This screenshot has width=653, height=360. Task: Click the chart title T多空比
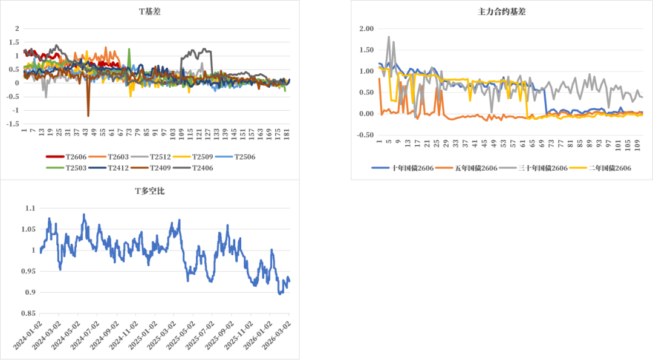pyautogui.click(x=149, y=191)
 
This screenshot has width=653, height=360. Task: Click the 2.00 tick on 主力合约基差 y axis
pyautogui.click(x=366, y=28)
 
